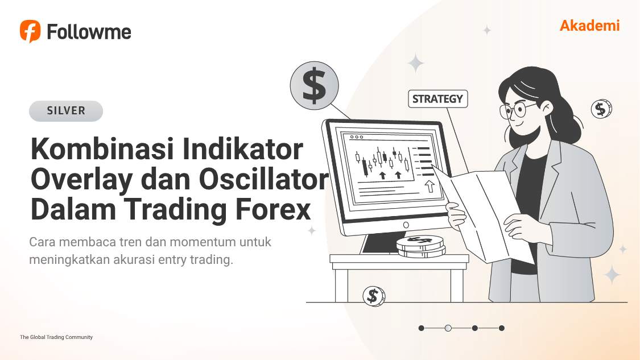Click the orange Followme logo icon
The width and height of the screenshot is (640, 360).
click(30, 31)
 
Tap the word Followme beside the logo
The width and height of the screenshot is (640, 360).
click(89, 32)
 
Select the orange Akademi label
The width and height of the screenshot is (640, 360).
click(589, 26)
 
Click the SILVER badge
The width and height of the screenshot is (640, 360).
click(66, 111)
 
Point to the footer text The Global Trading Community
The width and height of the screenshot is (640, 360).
click(56, 337)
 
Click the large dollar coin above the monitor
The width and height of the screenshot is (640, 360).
click(314, 86)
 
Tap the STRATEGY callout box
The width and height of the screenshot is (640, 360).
click(437, 98)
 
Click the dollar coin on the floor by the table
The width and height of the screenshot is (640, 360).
click(373, 296)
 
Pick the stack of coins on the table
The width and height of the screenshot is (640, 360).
click(420, 246)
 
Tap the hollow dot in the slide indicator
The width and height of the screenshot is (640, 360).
click(448, 328)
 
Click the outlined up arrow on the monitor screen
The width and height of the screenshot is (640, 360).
click(430, 187)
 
